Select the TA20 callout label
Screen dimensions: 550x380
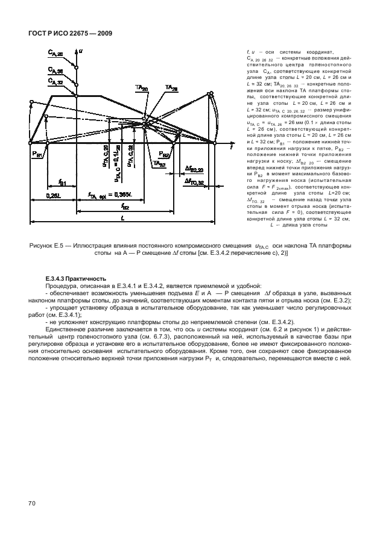pyautogui.click(x=142, y=89)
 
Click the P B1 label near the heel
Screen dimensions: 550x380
pyautogui.click(x=39, y=155)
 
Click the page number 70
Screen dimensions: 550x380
pyautogui.click(x=32, y=502)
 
